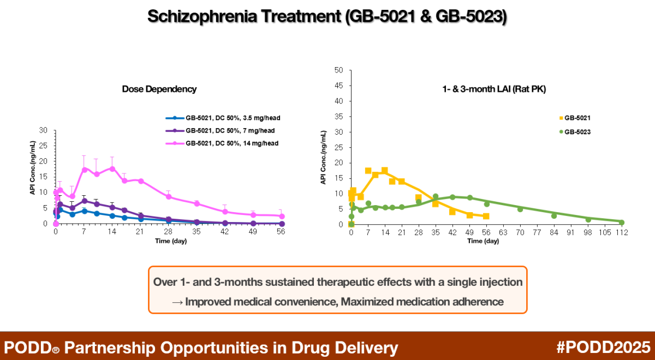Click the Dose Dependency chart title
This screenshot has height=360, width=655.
click(159, 89)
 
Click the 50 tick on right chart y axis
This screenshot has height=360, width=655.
click(339, 70)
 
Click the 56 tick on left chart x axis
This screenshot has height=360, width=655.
click(281, 231)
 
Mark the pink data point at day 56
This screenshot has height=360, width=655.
click(281, 217)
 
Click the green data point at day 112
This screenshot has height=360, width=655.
click(621, 223)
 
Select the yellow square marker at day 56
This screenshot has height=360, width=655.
click(486, 217)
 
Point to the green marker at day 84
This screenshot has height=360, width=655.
click(553, 216)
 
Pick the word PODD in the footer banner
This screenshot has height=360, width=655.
click(26, 347)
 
